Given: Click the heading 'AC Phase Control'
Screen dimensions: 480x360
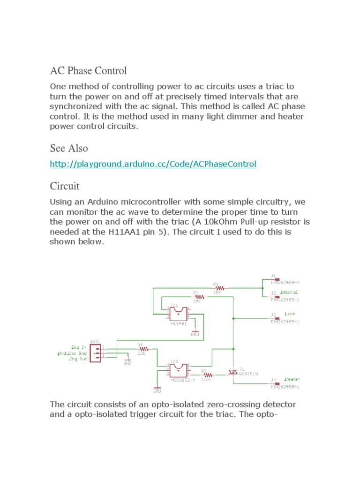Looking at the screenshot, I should [x=88, y=71].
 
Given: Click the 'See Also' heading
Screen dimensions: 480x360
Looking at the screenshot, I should [x=68, y=148].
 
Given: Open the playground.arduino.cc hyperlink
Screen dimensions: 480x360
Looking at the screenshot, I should [x=153, y=164].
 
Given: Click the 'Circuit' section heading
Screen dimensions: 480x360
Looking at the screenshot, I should [x=65, y=186].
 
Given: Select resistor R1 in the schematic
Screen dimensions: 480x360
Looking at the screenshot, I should [x=218, y=288].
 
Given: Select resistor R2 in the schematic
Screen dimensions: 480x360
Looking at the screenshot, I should [x=199, y=297].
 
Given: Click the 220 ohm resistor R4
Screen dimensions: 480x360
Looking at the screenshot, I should [x=143, y=349].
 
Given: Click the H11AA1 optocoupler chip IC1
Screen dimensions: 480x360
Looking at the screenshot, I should [x=178, y=314].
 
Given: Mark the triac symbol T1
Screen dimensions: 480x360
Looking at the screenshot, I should [x=233, y=372].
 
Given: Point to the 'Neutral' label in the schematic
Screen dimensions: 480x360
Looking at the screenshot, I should [x=289, y=292].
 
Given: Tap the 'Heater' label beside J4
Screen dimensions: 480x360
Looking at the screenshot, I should [x=292, y=379].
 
